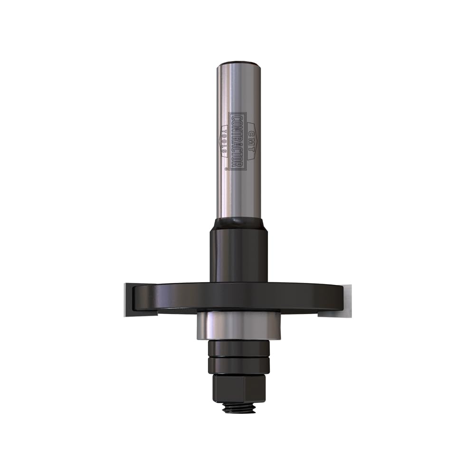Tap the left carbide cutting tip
128,299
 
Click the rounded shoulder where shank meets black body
239,223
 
